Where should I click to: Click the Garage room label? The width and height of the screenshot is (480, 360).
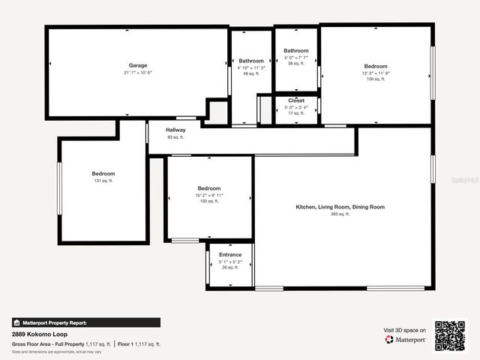click(x=137, y=65)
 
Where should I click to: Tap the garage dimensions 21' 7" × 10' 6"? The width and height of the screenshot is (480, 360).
click(x=137, y=73)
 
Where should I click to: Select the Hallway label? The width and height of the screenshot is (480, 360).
click(x=175, y=130)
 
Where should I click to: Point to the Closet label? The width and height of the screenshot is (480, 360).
click(x=296, y=100)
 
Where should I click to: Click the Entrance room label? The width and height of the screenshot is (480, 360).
click(x=230, y=255)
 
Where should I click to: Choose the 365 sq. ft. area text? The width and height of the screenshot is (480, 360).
click(x=340, y=214)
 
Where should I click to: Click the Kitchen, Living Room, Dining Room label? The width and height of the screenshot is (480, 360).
click(x=340, y=206)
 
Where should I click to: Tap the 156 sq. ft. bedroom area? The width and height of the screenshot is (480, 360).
click(x=376, y=79)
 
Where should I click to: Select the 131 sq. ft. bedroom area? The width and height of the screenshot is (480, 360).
click(x=103, y=181)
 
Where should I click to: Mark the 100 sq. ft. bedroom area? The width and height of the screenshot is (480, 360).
click(x=208, y=201)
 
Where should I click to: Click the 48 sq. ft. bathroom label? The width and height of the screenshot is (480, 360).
click(x=251, y=73)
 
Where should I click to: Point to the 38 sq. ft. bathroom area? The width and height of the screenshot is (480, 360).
click(x=296, y=64)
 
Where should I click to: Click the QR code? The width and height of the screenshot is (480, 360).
click(x=450, y=335)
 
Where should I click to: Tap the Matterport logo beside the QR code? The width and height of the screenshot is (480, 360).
click(x=406, y=339)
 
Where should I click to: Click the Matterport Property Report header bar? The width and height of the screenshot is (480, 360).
click(x=85, y=322)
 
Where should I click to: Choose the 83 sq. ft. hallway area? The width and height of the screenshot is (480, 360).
click(x=175, y=137)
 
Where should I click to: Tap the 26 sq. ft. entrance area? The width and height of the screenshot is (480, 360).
click(x=230, y=267)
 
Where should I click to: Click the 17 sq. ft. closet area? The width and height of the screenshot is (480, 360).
click(x=296, y=112)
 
